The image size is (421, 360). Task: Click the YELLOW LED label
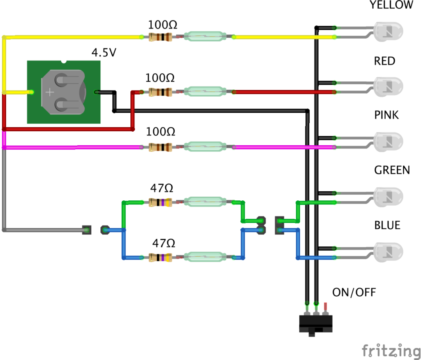point(391,5)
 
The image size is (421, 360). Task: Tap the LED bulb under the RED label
point(388,86)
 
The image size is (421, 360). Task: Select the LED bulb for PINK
point(388,141)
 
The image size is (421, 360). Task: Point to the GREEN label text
point(392,170)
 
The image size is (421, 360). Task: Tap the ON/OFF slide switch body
point(316,323)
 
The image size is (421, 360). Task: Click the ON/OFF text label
point(354,293)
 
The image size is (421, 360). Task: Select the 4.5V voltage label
point(104,53)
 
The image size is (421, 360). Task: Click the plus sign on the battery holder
point(49,92)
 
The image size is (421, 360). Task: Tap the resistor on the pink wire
point(160,147)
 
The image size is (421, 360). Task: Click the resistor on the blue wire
point(160,258)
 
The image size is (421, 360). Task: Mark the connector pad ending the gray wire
point(86,230)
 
